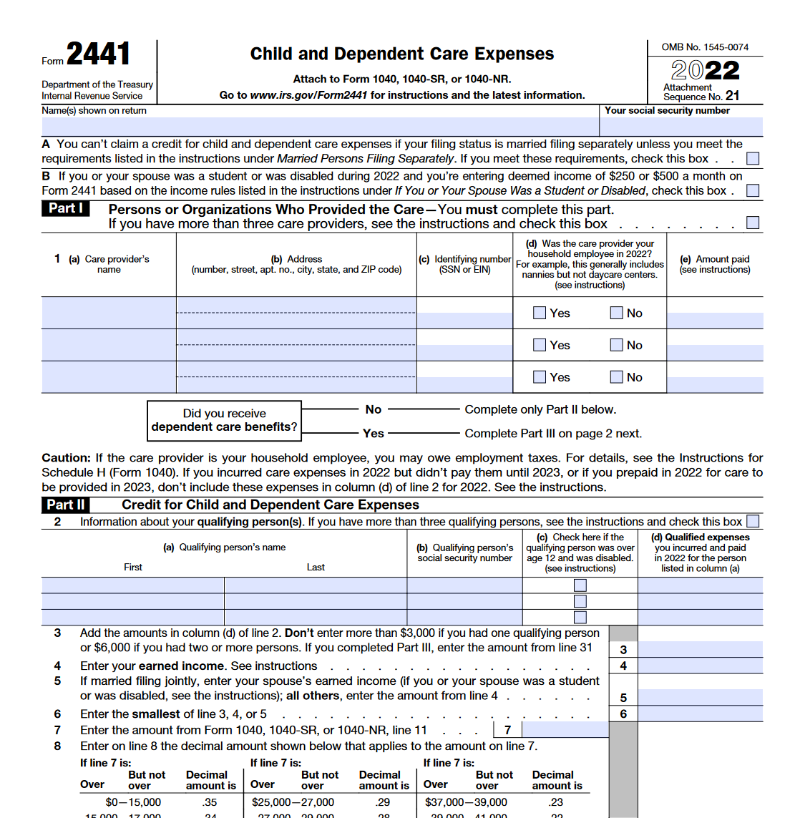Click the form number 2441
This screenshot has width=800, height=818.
click(99, 54)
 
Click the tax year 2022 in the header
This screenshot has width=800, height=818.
click(705, 70)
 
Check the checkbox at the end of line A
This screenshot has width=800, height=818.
click(753, 159)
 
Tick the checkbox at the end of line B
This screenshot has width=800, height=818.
click(753, 191)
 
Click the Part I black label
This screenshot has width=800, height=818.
click(66, 208)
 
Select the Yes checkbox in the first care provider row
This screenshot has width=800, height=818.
click(540, 313)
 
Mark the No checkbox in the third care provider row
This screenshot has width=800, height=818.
click(616, 377)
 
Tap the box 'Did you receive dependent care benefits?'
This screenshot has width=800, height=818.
click(224, 420)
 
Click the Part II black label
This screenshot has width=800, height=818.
click(66, 505)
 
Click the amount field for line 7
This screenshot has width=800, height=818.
click(565, 730)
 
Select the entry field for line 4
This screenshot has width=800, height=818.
click(700, 666)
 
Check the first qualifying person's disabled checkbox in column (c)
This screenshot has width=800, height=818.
click(580, 585)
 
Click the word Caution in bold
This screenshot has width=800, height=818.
click(66, 458)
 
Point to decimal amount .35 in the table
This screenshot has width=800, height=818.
click(210, 802)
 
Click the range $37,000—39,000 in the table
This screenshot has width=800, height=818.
click(466, 802)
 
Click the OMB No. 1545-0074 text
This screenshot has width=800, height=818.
click(705, 47)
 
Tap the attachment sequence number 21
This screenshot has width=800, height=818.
click(732, 96)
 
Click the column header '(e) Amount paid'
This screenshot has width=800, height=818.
click(715, 264)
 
